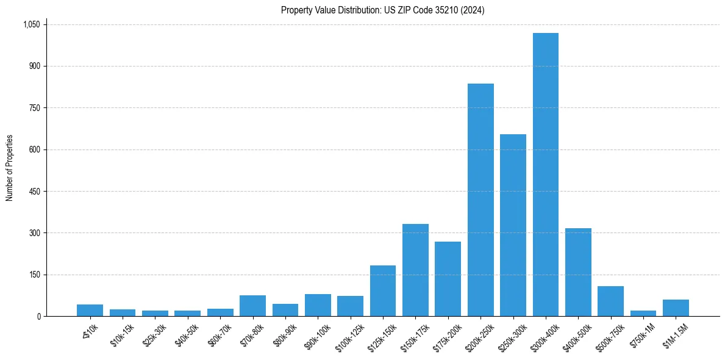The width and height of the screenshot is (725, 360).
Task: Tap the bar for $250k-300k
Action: click(x=513, y=225)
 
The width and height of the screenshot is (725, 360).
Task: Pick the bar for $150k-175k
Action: click(x=415, y=270)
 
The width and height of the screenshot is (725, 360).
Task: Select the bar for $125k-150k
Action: click(x=383, y=291)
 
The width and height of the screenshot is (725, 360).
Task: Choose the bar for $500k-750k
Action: click(x=610, y=301)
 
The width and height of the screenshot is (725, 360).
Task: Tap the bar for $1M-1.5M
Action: click(x=676, y=308)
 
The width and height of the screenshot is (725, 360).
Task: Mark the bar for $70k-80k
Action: click(x=252, y=306)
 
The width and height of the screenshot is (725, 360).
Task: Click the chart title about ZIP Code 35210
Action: click(x=382, y=10)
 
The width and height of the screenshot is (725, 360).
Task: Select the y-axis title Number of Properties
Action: click(x=10, y=168)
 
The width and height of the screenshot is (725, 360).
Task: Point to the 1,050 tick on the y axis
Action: click(x=31, y=24)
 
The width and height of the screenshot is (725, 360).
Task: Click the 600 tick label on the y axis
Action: click(x=35, y=149)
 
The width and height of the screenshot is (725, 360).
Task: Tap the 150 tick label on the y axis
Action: click(x=35, y=275)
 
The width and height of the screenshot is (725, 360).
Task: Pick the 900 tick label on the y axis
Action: click(x=35, y=66)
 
